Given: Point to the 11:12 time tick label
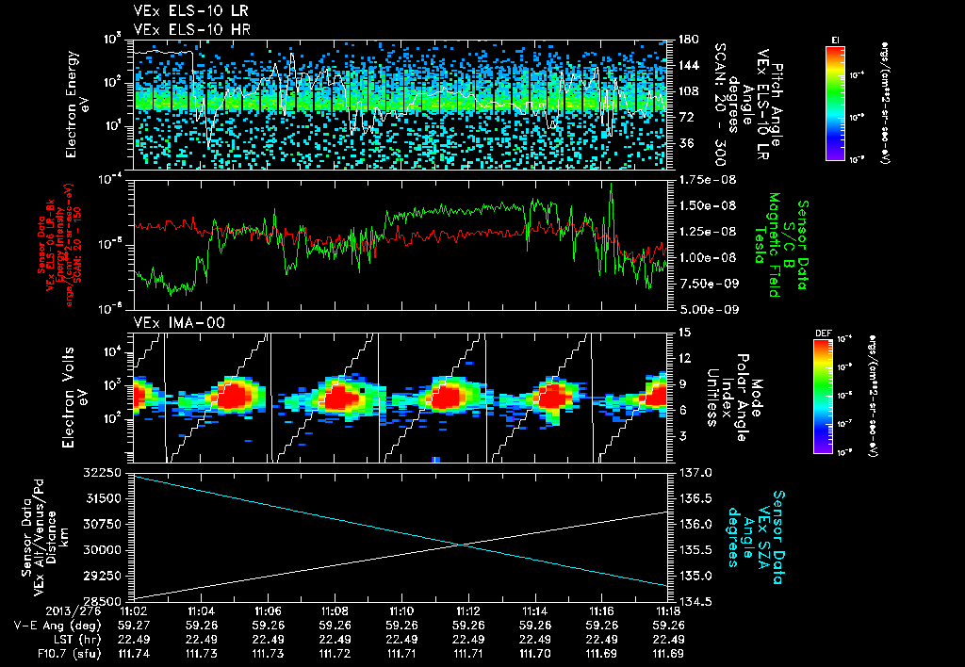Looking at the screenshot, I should pyautogui.click(x=468, y=611).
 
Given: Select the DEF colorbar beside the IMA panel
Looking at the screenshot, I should pyautogui.click(x=823, y=396).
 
